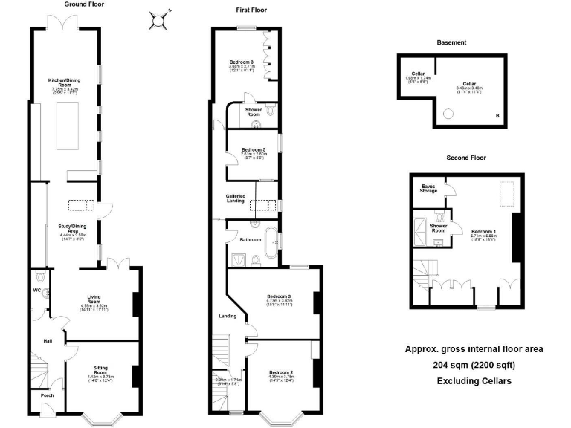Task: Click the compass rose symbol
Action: pyautogui.click(x=158, y=20)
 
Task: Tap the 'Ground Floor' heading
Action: pyautogui.click(x=84, y=4)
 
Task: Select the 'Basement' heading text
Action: pyautogui.click(x=451, y=43)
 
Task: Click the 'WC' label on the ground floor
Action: pyautogui.click(x=36, y=291)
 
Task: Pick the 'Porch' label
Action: pyautogui.click(x=47, y=395)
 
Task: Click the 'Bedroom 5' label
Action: pyautogui.click(x=253, y=150)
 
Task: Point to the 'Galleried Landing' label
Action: pyautogui.click(x=236, y=199)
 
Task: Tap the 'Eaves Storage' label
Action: pyautogui.click(x=429, y=189)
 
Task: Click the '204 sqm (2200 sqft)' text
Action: pyautogui.click(x=474, y=365)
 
